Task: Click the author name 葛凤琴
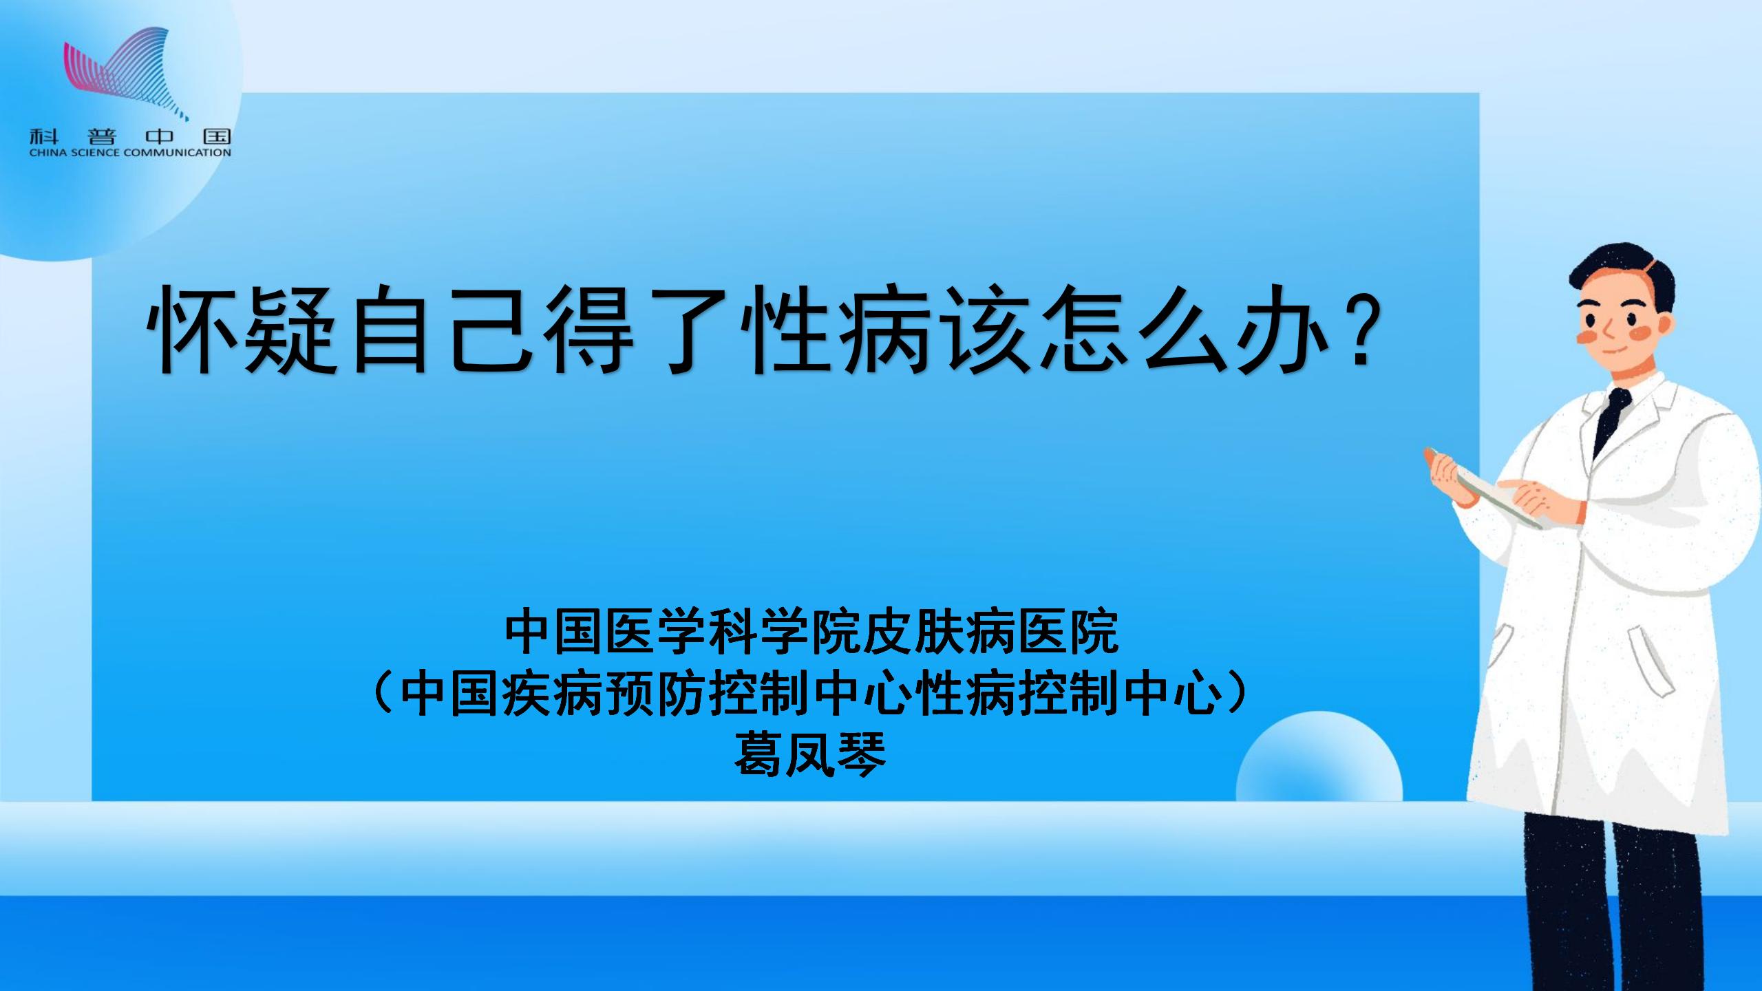[x=810, y=754]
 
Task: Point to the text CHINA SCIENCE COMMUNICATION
[x=130, y=153]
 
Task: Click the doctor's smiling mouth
[x=1617, y=350]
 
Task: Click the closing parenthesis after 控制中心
[x=1239, y=694]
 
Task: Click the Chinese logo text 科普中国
[x=130, y=136]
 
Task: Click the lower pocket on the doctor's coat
[x=1652, y=661]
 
